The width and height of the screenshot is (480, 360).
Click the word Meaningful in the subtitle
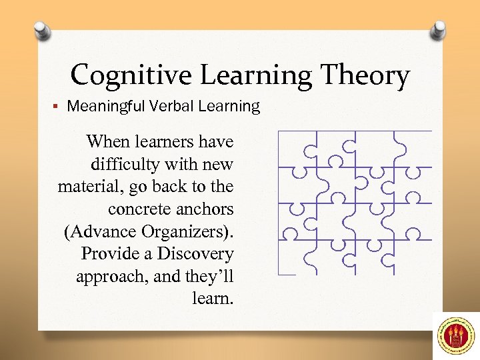pyautogui.click(x=106, y=106)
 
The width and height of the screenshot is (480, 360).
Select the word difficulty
pyautogui.click(x=123, y=164)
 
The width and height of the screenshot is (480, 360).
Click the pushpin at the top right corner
pyautogui.click(x=437, y=29)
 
